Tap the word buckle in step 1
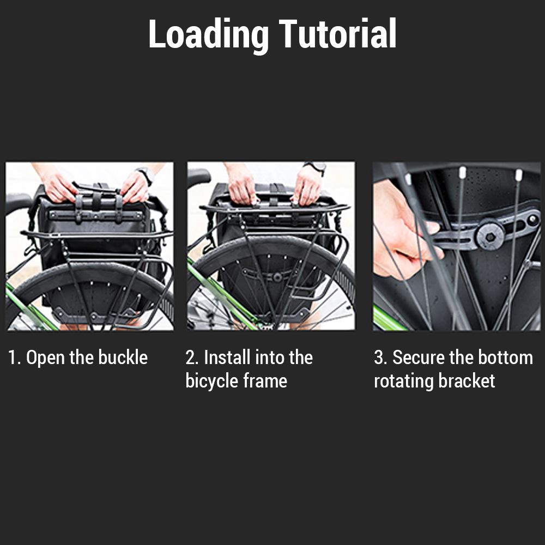pos(123,358)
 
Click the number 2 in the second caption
pos(190,358)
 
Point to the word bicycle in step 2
pos(212,381)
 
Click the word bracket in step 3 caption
pos(468,381)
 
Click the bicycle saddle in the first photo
pos(16,202)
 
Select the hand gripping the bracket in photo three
pos(401,229)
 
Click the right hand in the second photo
pos(308,185)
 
